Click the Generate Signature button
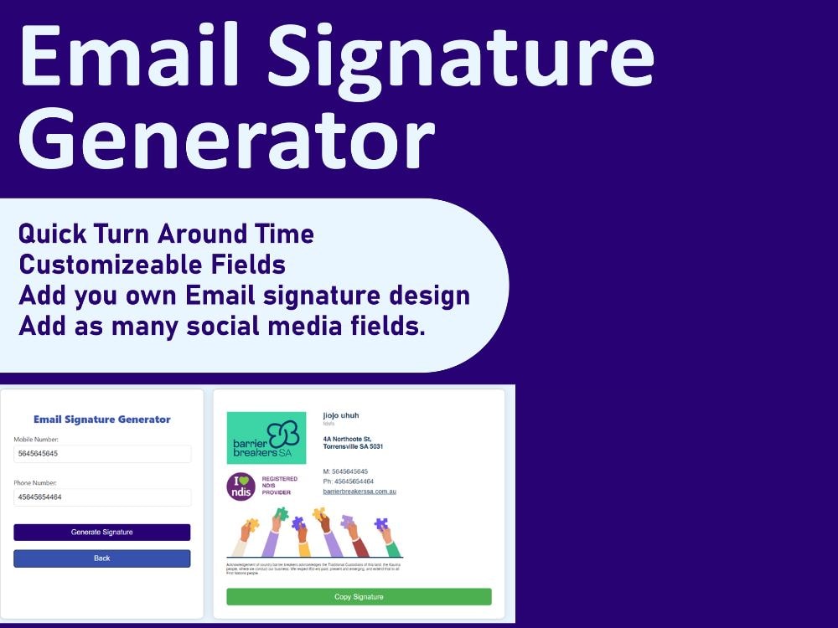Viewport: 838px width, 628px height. pos(101,533)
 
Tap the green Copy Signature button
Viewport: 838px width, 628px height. pos(359,597)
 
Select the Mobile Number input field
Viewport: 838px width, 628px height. pos(102,454)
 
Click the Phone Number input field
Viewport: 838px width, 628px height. pos(102,497)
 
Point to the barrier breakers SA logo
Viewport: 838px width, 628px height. pos(266,438)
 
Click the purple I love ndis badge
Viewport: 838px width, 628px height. pos(241,486)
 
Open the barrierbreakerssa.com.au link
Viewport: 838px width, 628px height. pos(359,492)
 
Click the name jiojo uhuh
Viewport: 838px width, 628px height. pos(341,415)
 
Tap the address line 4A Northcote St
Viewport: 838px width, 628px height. pos(348,438)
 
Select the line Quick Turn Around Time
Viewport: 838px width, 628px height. pos(166,234)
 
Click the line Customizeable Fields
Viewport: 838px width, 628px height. pos(152,265)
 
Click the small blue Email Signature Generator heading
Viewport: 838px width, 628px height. pos(101,420)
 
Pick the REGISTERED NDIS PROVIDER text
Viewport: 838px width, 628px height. pos(280,486)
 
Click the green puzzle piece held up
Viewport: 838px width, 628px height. pos(282,514)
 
